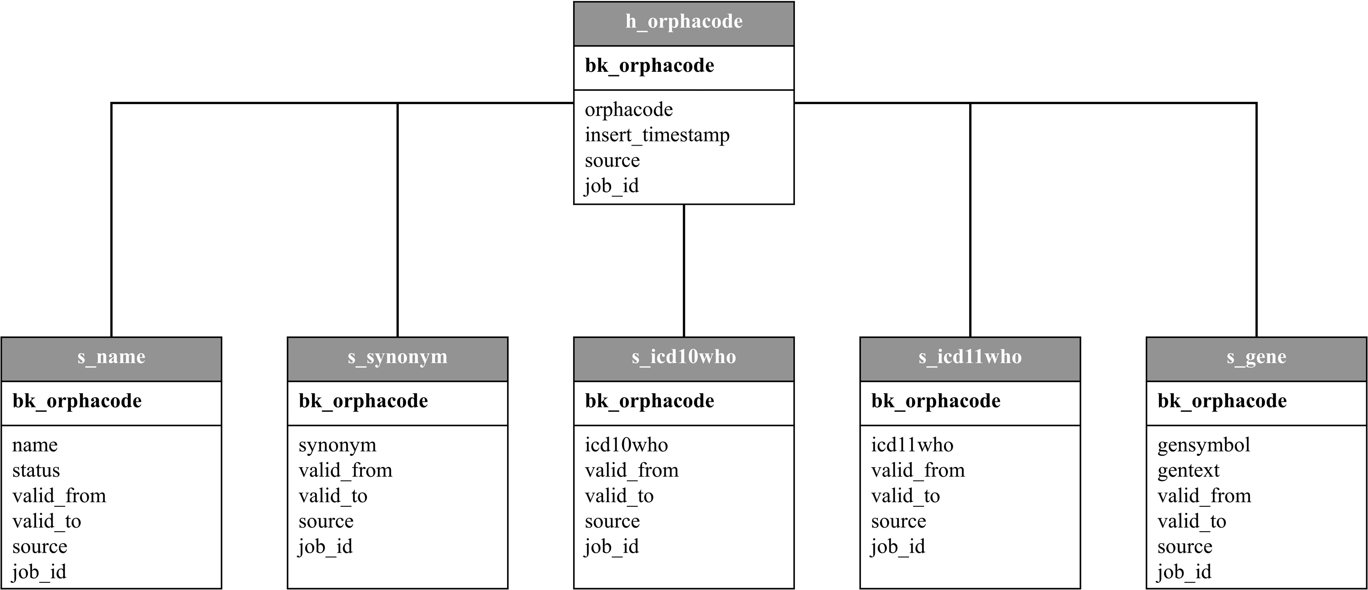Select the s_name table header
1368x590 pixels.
[111, 357]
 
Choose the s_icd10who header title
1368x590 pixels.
[684, 357]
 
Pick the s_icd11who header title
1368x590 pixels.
[970, 357]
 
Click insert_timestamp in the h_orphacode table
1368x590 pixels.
[657, 135]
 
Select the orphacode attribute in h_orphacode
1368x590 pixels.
[629, 110]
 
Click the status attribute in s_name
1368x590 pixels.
[36, 471]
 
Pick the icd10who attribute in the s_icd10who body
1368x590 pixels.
[627, 445]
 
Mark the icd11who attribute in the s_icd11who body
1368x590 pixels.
[912, 445]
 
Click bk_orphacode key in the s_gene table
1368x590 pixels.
[1222, 401]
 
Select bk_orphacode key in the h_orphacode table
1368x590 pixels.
[650, 66]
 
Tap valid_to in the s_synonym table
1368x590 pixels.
[333, 496]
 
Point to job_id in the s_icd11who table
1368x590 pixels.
[898, 547]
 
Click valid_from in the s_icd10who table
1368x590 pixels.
[632, 471]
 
